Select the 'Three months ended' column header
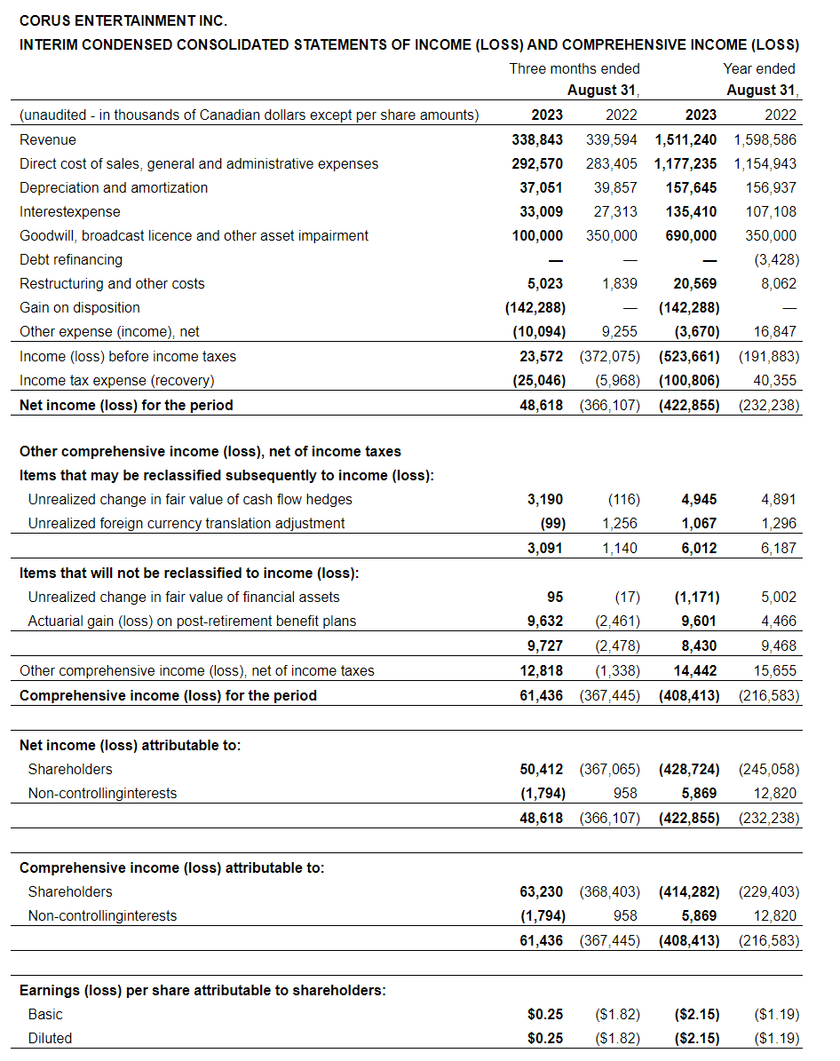[574, 68]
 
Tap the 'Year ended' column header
[759, 68]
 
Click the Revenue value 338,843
[537, 139]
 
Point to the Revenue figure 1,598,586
[765, 139]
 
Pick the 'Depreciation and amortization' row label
[114, 187]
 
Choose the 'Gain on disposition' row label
[80, 307]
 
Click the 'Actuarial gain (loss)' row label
[192, 621]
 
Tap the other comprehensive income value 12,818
[541, 670]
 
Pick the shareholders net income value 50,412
[541, 769]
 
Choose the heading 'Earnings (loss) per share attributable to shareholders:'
[202, 990]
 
